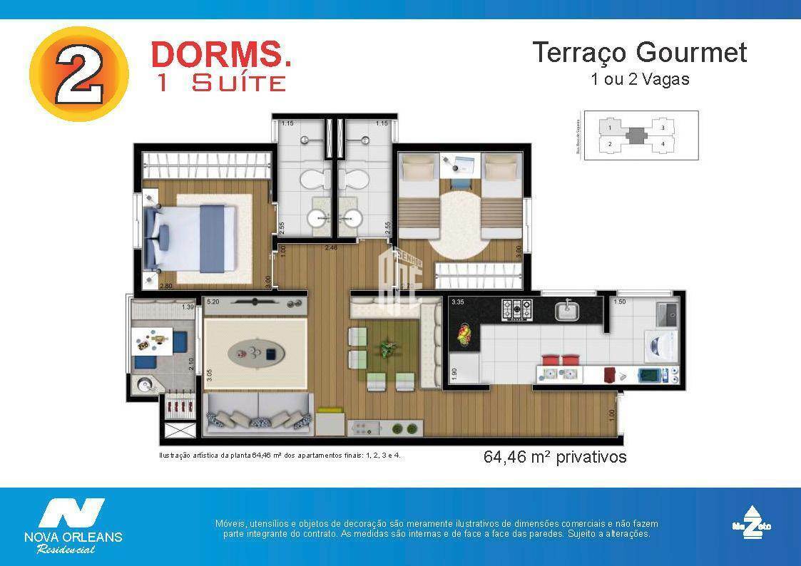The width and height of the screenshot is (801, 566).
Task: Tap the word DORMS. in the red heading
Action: tap(221, 55)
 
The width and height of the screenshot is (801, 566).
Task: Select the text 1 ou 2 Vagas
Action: tap(640, 79)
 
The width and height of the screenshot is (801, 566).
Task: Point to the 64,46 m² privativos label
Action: tap(555, 457)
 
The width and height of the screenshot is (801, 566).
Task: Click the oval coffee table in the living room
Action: tap(255, 352)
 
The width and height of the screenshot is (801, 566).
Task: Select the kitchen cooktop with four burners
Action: tap(516, 309)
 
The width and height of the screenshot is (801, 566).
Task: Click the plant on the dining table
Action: tap(388, 348)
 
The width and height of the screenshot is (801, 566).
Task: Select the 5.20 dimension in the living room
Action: tap(213, 302)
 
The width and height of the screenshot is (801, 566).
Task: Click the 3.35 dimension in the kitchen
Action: tap(458, 302)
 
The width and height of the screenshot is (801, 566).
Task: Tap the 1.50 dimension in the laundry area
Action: tap(619, 302)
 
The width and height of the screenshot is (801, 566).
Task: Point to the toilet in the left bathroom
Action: tap(312, 178)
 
